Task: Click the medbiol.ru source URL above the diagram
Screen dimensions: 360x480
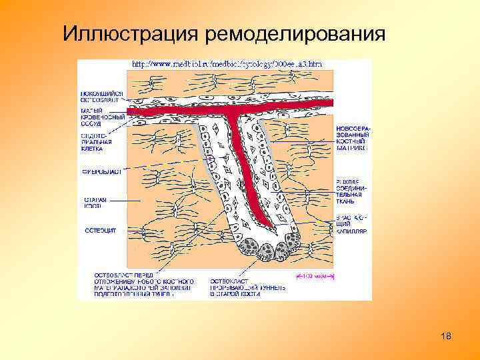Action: tap(227, 64)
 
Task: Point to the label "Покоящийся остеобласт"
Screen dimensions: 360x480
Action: tap(101, 96)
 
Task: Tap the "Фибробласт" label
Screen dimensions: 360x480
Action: tap(101, 171)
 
